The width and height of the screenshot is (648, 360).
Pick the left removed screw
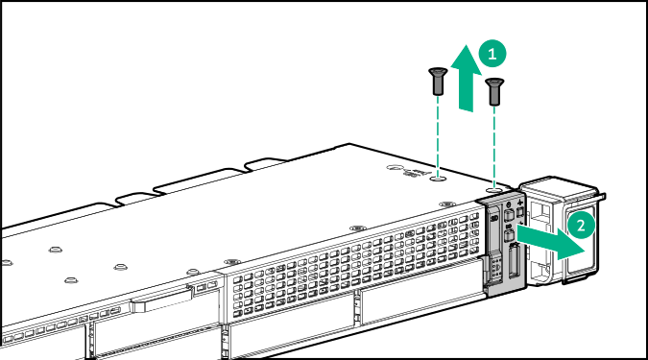pos(438,82)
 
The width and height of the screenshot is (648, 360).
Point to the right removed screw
pos(494,91)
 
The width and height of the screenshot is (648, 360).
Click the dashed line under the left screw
pos(438,134)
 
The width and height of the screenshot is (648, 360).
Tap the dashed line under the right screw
pos(494,144)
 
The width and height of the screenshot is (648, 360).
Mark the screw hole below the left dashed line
pos(438,178)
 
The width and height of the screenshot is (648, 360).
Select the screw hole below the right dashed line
pos(494,189)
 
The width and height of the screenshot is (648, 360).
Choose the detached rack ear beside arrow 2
pos(562,230)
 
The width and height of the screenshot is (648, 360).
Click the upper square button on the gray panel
pos(509,216)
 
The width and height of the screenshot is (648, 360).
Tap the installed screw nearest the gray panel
pos(444,204)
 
